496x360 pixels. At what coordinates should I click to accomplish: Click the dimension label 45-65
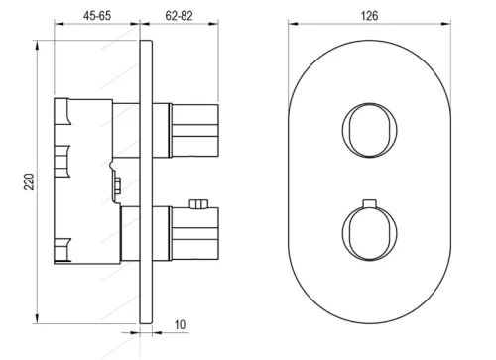click(x=97, y=16)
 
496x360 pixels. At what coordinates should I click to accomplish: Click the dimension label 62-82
click(x=179, y=16)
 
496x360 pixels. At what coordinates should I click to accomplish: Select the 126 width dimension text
click(x=369, y=16)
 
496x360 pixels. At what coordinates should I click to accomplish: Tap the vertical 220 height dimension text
click(x=29, y=181)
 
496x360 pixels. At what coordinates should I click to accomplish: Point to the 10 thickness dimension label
click(x=180, y=324)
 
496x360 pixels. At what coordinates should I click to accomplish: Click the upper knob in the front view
click(x=369, y=130)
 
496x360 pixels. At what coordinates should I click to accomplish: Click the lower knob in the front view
click(x=369, y=232)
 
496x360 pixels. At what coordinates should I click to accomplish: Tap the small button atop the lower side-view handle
click(x=198, y=204)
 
